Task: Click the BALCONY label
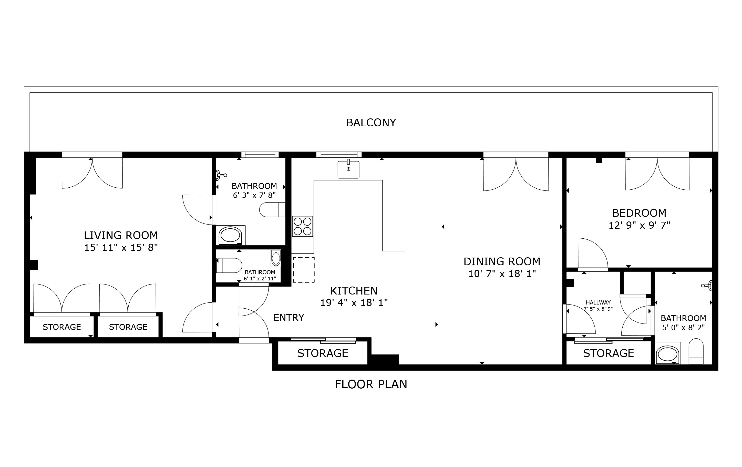point(371,123)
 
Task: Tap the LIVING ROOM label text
point(121,236)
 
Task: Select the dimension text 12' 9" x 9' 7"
point(639,225)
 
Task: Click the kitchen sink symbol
point(348,169)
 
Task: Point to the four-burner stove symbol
point(302,226)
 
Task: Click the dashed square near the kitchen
point(304,270)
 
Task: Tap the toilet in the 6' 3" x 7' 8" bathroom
point(272,210)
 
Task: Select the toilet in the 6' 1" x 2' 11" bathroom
point(229,265)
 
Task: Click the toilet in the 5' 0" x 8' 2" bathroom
point(696,351)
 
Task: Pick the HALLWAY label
point(598,303)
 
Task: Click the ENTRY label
point(289,318)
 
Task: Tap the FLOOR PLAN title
point(371,384)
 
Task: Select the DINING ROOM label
point(502,262)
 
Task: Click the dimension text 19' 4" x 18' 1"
point(354,303)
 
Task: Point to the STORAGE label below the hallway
point(608,353)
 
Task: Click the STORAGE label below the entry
point(323,353)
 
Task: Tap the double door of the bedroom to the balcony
point(657,174)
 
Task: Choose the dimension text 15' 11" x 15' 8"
point(121,248)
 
